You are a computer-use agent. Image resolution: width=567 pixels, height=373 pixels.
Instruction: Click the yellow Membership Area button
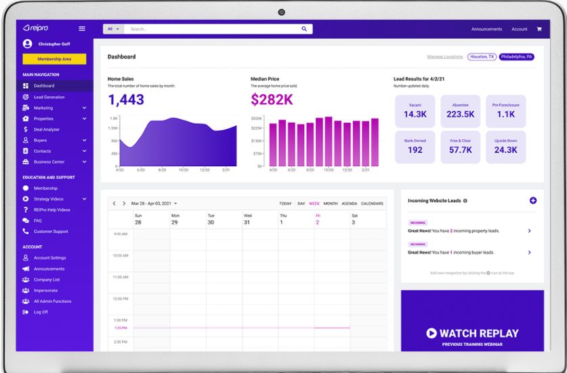pyautogui.click(x=54, y=59)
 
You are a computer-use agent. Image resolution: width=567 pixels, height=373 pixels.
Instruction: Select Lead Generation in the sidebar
pyautogui.click(x=49, y=97)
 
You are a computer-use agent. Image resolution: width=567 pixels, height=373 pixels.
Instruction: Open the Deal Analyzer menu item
pyautogui.click(x=46, y=130)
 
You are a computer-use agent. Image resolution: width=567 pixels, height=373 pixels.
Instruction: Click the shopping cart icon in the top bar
pyautogui.click(x=539, y=29)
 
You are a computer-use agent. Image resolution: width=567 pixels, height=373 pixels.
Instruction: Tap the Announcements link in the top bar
pyautogui.click(x=486, y=29)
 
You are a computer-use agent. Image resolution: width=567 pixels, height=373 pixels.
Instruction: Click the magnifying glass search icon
pyautogui.click(x=304, y=29)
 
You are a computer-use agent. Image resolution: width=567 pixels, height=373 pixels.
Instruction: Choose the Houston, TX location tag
pyautogui.click(x=482, y=57)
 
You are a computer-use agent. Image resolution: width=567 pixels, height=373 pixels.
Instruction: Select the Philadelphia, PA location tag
pyautogui.click(x=517, y=57)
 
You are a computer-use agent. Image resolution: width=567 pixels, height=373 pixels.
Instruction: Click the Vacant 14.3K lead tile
pyautogui.click(x=415, y=111)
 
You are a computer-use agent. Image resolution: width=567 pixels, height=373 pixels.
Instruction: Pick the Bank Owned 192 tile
pyautogui.click(x=415, y=146)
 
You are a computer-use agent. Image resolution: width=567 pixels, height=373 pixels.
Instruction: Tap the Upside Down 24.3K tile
pyautogui.click(x=505, y=146)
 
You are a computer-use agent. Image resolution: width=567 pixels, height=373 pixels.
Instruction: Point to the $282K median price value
pyautogui.click(x=272, y=100)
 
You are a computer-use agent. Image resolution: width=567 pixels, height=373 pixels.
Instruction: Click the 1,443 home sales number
pyautogui.click(x=126, y=100)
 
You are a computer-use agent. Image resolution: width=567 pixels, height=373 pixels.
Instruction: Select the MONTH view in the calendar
pyautogui.click(x=331, y=203)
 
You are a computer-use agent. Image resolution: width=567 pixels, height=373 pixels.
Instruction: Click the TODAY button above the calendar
pyautogui.click(x=285, y=203)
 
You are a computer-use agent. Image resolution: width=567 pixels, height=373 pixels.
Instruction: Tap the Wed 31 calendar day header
pyautogui.click(x=247, y=219)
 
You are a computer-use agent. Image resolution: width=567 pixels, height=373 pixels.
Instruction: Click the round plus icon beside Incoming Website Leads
pyautogui.click(x=532, y=201)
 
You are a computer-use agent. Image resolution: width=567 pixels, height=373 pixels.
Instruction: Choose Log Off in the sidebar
pyautogui.click(x=41, y=312)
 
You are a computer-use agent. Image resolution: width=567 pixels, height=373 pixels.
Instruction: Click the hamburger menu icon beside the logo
pyautogui.click(x=82, y=28)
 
